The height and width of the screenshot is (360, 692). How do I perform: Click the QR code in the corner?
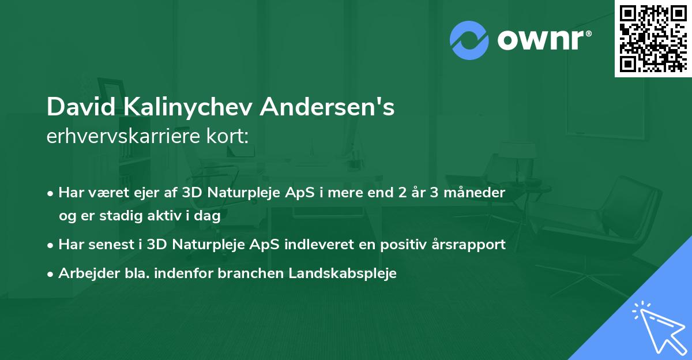click(653, 38)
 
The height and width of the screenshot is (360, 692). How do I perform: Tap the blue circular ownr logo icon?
click(469, 40)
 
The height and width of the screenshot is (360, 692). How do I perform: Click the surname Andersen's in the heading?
click(327, 108)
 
